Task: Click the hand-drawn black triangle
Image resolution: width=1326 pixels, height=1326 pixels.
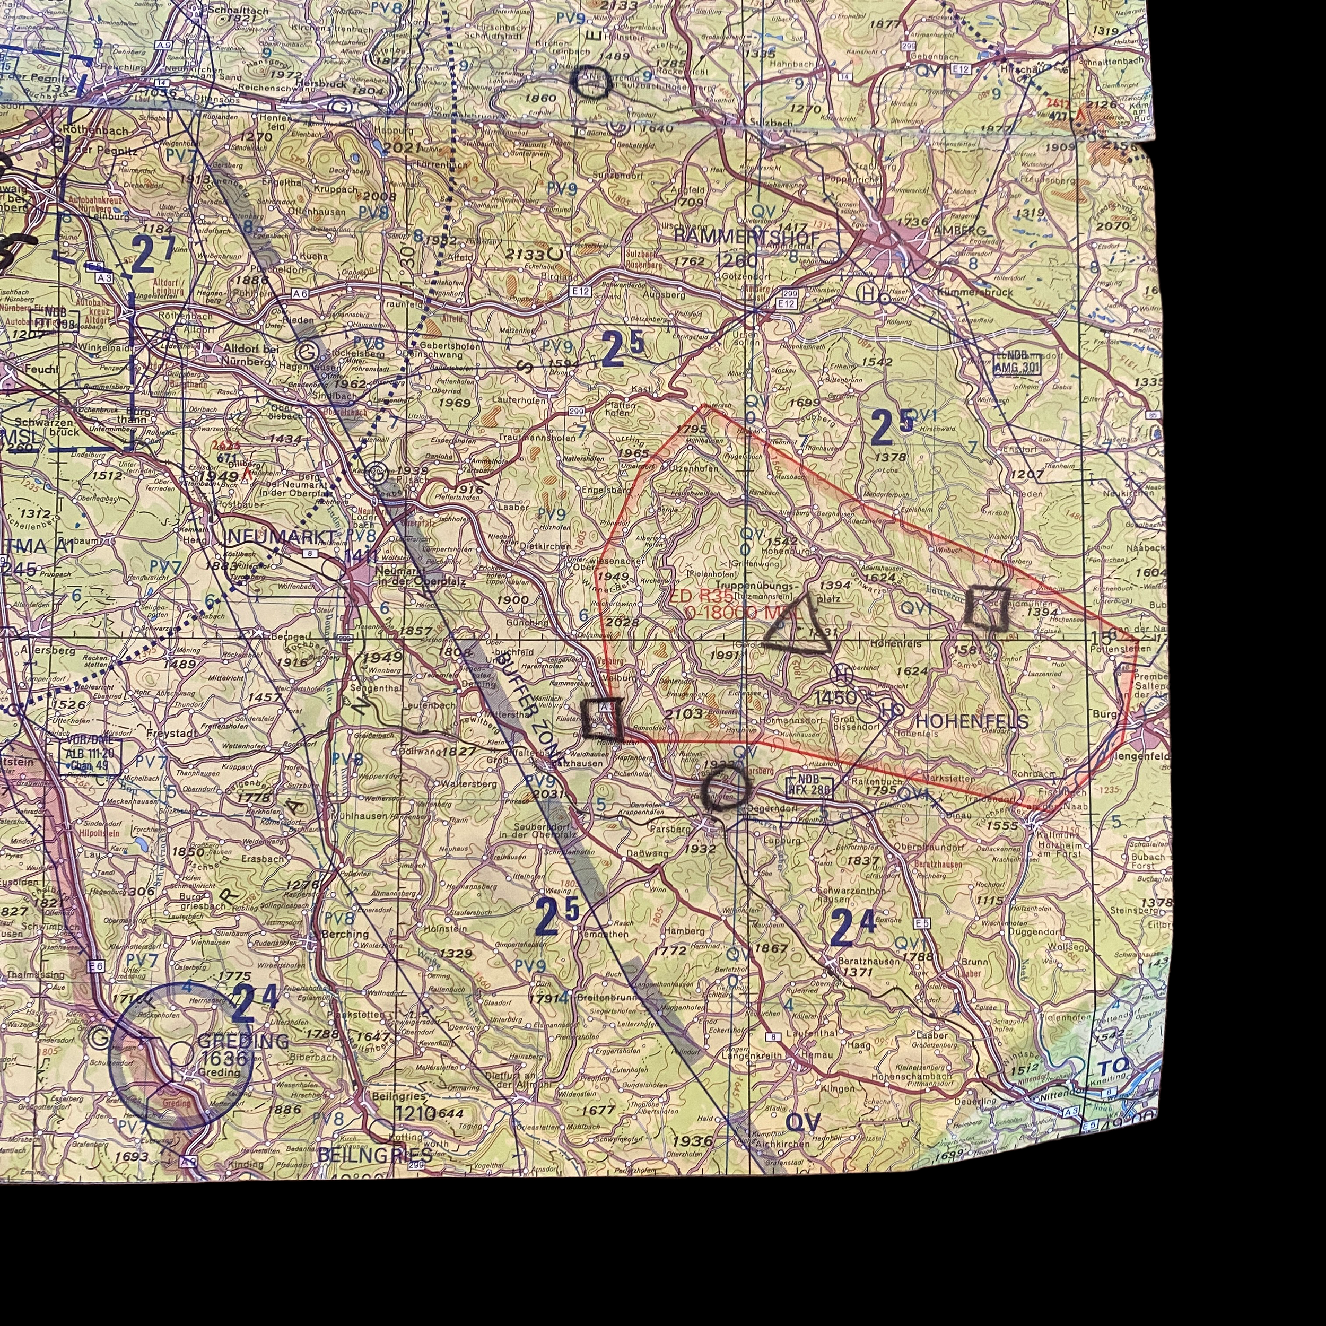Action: point(798,628)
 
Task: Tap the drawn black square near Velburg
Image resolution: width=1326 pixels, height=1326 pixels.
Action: point(602,718)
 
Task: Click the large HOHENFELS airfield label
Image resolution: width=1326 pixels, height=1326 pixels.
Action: point(972,721)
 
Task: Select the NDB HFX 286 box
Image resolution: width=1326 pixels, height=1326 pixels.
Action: point(810,787)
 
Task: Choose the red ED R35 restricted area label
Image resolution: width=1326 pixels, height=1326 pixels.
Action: point(703,597)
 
